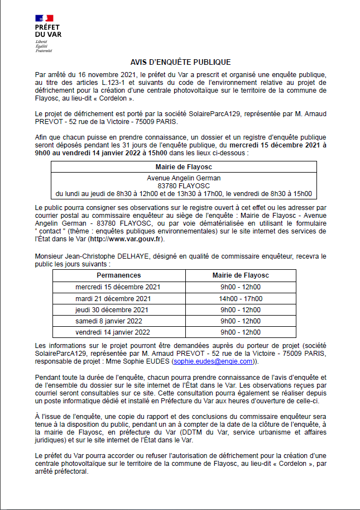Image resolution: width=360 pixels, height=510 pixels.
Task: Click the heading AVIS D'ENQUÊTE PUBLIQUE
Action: [180, 62]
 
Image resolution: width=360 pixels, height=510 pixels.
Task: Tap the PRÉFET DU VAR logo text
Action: [48, 31]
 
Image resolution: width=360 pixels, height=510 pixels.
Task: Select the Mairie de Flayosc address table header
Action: [184, 166]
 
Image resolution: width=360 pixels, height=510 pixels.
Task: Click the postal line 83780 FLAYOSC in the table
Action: [184, 185]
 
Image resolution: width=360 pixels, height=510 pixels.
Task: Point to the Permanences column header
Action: [119, 275]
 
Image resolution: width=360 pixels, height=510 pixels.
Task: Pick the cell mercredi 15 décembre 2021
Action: [118, 287]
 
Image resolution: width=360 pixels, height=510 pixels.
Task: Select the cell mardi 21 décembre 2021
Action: [118, 298]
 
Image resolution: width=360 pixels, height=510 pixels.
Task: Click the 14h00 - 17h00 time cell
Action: [241, 298]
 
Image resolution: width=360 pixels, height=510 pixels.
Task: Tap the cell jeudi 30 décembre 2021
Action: [118, 309]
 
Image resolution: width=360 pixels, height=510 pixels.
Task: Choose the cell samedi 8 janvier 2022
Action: [118, 321]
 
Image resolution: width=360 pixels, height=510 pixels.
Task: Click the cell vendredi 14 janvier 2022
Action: [118, 332]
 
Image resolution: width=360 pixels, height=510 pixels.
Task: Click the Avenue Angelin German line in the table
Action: [184, 178]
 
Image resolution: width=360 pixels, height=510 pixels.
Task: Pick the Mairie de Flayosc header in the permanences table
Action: [241, 275]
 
